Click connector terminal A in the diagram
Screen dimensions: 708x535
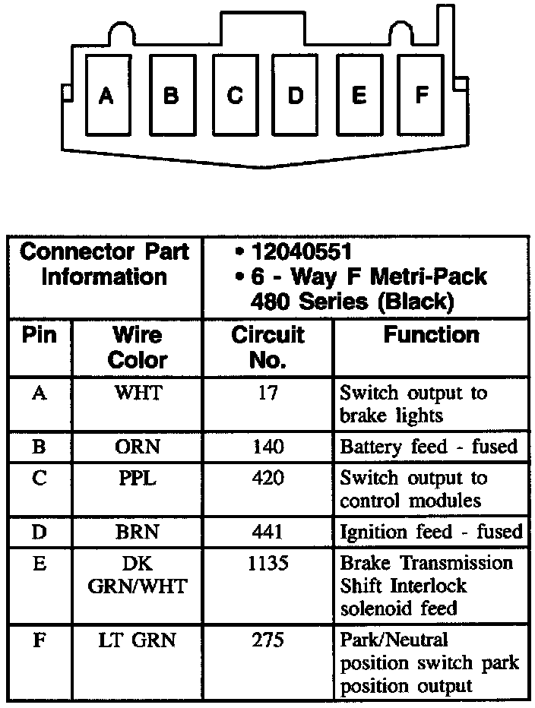pos(106,96)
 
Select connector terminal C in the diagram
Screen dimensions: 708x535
pos(235,96)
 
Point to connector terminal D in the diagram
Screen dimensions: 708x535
pos(296,96)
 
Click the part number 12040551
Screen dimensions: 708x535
pos(302,251)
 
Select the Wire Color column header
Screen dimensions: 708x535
pos(137,346)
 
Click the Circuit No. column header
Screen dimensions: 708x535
pos(267,346)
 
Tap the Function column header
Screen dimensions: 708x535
pos(431,335)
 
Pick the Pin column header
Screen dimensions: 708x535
pos(40,335)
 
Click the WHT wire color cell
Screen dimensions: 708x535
pos(138,394)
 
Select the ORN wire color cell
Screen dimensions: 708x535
pos(138,447)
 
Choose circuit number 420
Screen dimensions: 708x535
pos(267,478)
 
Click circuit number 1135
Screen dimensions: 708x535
pos(267,563)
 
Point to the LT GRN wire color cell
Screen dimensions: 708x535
pos(138,640)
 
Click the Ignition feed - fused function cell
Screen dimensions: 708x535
pos(431,532)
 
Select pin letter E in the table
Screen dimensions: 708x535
pos(40,563)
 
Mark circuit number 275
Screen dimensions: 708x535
pos(267,640)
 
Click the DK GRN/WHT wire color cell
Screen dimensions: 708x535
pos(138,574)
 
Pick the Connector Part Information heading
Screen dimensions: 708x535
pos(105,264)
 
